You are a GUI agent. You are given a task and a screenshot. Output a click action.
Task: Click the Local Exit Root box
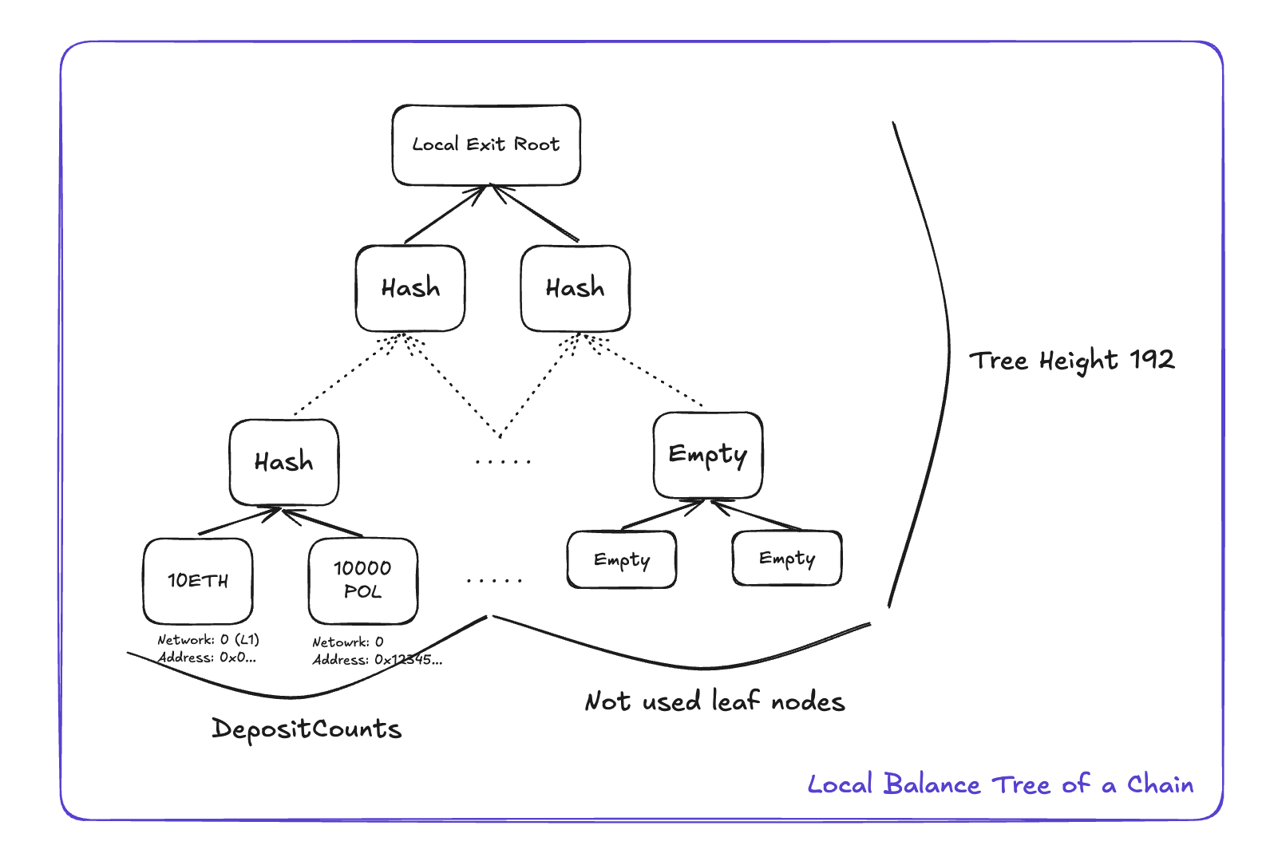pyautogui.click(x=486, y=145)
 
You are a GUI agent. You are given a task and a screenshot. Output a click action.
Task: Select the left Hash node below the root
pyautogui.click(x=410, y=288)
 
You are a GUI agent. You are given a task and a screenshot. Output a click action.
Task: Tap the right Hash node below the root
pyautogui.click(x=575, y=288)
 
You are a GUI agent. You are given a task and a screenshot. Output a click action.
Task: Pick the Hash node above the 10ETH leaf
pyautogui.click(x=283, y=462)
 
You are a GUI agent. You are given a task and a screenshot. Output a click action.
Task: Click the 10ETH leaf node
pyautogui.click(x=198, y=581)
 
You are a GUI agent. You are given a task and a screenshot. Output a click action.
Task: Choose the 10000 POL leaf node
pyautogui.click(x=362, y=580)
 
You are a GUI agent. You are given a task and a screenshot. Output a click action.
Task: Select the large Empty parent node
pyautogui.click(x=707, y=455)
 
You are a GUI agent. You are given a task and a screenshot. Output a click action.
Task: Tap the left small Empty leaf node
pyautogui.click(x=621, y=559)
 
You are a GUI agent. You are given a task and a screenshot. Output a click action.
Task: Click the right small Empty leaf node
pyautogui.click(x=786, y=558)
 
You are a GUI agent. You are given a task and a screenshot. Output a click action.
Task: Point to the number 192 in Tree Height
pyautogui.click(x=1152, y=359)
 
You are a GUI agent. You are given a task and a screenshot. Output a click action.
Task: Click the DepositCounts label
pyautogui.click(x=307, y=729)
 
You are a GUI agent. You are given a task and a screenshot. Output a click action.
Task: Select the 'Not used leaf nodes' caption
pyautogui.click(x=714, y=701)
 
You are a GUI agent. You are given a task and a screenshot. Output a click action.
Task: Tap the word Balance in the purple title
pyautogui.click(x=932, y=784)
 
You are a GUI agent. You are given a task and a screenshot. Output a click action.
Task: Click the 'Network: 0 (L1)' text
pyautogui.click(x=208, y=640)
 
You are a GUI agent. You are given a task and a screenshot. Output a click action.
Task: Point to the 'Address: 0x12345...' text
pyautogui.click(x=377, y=660)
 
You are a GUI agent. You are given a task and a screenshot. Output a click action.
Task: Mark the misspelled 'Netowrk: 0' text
pyautogui.click(x=347, y=642)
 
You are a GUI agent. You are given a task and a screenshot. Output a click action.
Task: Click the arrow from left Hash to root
pyautogui.click(x=444, y=215)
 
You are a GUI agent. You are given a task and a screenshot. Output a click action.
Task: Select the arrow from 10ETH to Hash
pyautogui.click(x=239, y=521)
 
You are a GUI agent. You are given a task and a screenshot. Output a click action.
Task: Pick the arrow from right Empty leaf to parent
pyautogui.click(x=755, y=515)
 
